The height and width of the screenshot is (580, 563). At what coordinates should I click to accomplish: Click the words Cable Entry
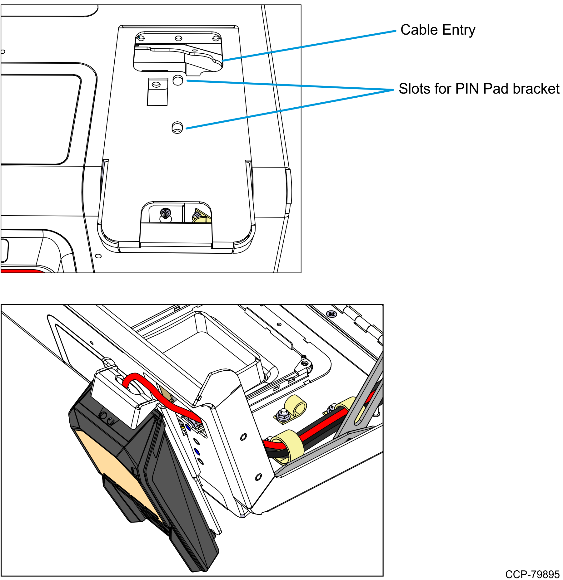(437, 30)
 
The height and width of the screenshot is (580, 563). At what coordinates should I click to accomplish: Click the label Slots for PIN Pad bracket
(479, 89)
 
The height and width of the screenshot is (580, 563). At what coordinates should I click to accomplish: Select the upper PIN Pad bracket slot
(178, 80)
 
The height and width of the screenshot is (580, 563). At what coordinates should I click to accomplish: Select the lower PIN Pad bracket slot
(177, 127)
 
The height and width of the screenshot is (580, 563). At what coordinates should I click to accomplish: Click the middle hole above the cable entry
(178, 38)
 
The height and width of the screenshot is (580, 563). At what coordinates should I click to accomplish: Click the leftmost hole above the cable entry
(141, 38)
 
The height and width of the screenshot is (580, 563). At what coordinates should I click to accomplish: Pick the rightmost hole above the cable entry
(216, 38)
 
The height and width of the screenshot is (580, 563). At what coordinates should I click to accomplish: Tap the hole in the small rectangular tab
(156, 85)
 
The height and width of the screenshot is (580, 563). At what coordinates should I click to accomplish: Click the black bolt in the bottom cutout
(165, 214)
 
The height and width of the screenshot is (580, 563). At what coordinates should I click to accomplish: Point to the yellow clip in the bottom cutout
(200, 217)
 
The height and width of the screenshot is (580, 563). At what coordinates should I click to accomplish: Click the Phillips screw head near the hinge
(331, 314)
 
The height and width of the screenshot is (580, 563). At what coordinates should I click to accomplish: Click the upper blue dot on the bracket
(188, 427)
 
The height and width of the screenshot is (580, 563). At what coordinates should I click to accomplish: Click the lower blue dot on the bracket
(197, 451)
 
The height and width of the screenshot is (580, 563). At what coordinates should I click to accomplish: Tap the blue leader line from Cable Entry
(309, 46)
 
